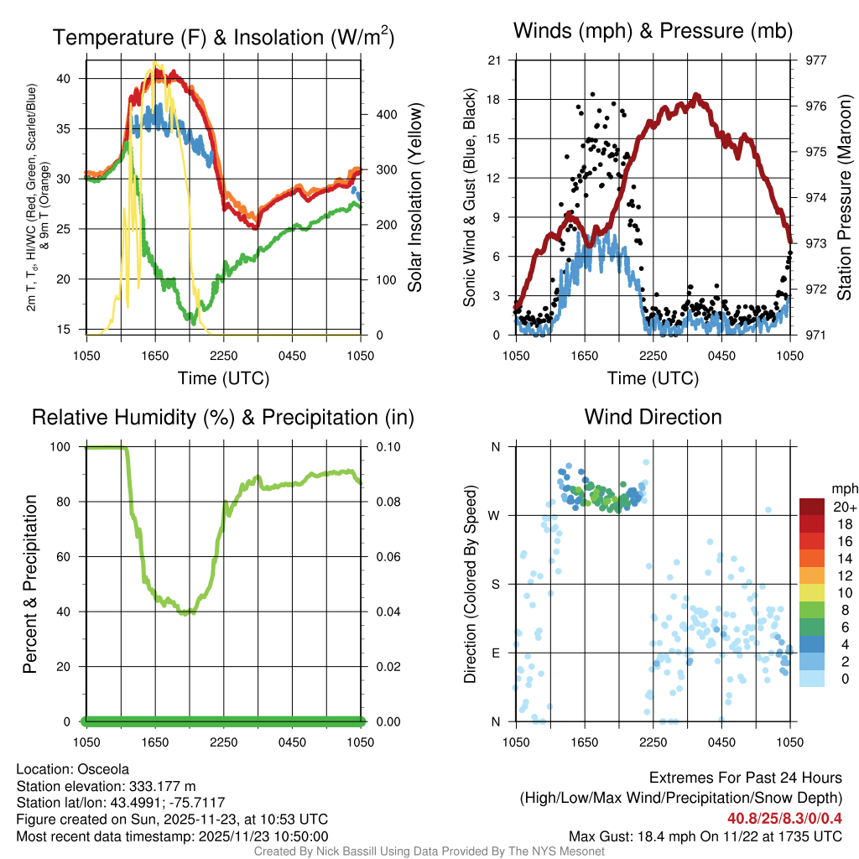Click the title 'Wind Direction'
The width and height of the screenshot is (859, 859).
pos(653,416)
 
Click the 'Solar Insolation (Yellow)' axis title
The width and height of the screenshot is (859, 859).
pos(414,198)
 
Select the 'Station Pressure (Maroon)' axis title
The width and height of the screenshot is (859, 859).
pos(845,198)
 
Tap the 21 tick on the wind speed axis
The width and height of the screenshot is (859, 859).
pos(495,60)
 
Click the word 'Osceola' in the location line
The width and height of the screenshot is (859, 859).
pos(103,768)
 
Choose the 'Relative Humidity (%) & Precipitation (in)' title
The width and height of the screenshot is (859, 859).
pos(223,416)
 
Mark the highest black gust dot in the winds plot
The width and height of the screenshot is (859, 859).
pos(592,95)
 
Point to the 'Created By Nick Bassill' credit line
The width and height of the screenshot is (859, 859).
pos(429,851)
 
